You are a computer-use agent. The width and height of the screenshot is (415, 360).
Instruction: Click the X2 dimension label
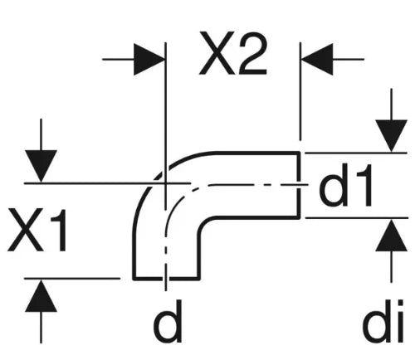[233, 54]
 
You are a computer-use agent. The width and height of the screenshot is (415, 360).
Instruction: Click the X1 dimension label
[37, 231]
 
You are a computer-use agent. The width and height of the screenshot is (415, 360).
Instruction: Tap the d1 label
[345, 185]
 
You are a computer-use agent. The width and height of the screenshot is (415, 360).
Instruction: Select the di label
[383, 321]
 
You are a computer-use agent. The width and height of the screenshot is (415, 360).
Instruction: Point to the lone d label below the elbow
[168, 321]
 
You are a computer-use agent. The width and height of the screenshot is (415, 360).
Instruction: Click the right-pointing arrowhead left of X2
[149, 59]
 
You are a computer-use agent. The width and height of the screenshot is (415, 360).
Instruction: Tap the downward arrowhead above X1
[41, 166]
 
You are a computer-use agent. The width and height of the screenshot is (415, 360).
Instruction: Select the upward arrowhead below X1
[41, 295]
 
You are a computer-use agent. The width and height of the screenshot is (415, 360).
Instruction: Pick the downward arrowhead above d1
[391, 136]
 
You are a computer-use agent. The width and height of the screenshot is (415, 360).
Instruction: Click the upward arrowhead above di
[391, 235]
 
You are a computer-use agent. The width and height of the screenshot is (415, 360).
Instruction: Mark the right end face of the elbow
[299, 185]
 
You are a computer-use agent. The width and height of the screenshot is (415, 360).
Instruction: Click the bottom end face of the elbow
[166, 278]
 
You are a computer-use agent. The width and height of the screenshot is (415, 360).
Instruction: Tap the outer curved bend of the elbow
[155, 180]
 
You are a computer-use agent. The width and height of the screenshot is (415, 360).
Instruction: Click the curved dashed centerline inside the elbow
[177, 199]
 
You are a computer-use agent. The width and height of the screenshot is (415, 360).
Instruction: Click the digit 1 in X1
[59, 231]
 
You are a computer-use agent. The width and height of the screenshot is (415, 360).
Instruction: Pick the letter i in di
[398, 321]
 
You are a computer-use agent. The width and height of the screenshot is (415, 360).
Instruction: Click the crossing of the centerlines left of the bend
[165, 183]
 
